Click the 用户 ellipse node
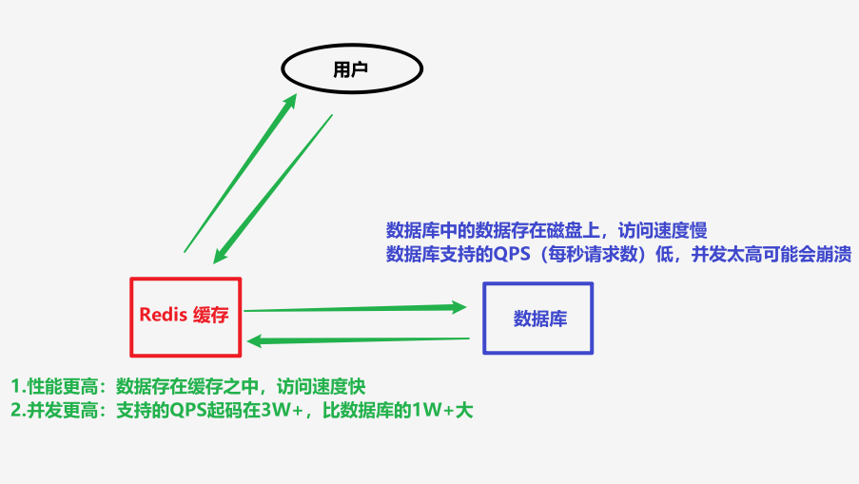coord(351,69)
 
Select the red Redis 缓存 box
coord(185,316)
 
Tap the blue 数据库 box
coord(538,319)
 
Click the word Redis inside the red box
coord(163,316)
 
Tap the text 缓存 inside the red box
coord(211,316)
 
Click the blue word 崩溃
coord(833,254)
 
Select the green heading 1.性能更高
coord(53,386)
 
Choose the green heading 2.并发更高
coord(53,411)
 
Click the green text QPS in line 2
coord(189,411)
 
